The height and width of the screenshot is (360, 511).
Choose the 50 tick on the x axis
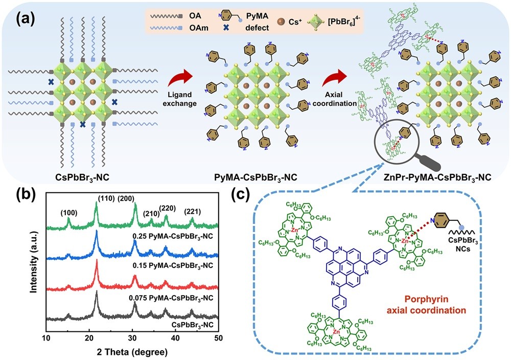tap(218, 338)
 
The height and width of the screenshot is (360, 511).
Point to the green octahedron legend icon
tap(328, 25)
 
